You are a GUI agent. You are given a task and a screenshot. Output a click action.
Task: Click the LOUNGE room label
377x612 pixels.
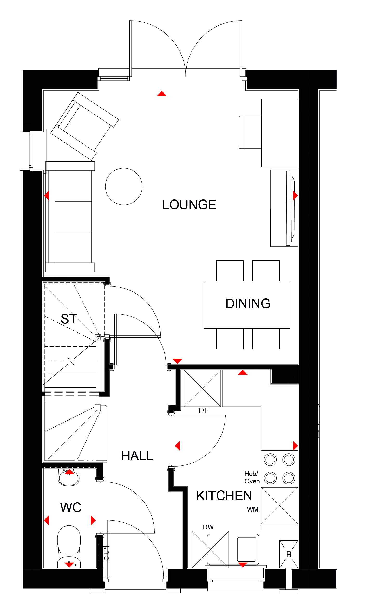[189, 205]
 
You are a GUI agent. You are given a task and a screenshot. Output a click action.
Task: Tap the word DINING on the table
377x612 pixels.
[248, 304]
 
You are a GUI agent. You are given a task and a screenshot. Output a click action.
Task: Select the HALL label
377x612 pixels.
[137, 456]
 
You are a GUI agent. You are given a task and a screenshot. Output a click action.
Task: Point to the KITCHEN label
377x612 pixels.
[224, 496]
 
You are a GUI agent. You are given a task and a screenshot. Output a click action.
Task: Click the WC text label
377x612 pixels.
[71, 507]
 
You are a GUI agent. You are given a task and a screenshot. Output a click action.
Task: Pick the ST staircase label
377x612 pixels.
[69, 319]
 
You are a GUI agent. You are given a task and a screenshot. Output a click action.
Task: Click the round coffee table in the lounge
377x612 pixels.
[124, 187]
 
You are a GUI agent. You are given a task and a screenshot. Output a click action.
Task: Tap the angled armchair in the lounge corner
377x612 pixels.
[85, 126]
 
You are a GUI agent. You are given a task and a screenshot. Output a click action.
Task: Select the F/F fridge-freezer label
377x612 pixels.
[203, 410]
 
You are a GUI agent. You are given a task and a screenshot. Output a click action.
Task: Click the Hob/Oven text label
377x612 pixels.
[252, 477]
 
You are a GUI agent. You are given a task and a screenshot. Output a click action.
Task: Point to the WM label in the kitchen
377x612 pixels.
[253, 509]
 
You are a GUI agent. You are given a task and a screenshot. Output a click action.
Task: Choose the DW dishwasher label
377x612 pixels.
[208, 527]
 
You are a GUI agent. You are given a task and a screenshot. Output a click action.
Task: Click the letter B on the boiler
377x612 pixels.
[289, 555]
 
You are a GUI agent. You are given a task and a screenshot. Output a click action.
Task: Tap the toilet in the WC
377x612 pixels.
[69, 547]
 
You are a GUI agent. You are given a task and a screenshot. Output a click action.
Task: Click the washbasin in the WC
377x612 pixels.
[69, 477]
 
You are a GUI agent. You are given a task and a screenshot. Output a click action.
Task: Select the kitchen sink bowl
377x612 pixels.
[247, 549]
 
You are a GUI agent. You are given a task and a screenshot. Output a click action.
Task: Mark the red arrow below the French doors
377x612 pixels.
[162, 94]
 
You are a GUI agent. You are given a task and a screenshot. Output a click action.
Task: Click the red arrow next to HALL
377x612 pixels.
[178, 446]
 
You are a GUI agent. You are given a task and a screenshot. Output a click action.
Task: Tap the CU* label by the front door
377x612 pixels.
[106, 554]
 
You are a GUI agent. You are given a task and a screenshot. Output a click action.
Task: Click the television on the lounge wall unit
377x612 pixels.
[290, 208]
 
